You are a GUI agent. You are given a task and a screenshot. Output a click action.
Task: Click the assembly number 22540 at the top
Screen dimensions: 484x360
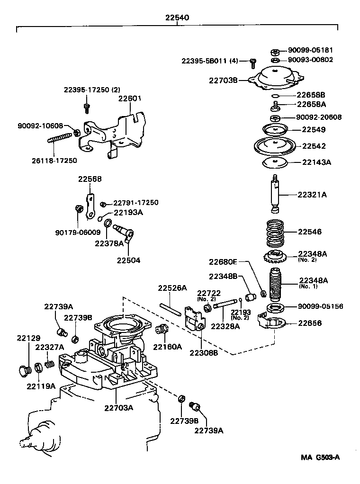(x=177, y=18)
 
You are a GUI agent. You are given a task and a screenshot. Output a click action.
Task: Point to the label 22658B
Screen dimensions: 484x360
(x=311, y=94)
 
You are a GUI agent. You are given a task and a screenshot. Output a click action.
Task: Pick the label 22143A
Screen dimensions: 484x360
(x=316, y=162)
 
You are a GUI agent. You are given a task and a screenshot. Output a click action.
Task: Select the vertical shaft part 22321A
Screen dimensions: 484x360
(x=275, y=194)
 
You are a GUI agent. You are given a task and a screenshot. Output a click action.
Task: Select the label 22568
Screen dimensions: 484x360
(x=90, y=179)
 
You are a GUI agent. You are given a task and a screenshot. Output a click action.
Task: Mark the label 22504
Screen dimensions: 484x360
(x=128, y=260)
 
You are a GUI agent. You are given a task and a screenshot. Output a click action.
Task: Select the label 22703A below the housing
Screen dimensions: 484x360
(x=119, y=407)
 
